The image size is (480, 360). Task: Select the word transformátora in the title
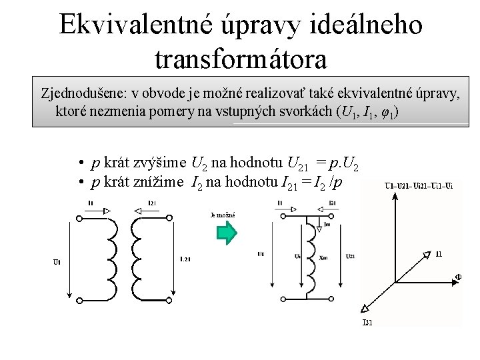point(241,59)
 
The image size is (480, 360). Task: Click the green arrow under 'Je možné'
point(227,233)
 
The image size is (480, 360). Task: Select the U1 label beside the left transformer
point(57,262)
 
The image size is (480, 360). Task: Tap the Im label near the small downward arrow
point(327,225)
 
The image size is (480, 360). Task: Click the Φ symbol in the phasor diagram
point(458,277)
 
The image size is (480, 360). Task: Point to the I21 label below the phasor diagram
point(367,323)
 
